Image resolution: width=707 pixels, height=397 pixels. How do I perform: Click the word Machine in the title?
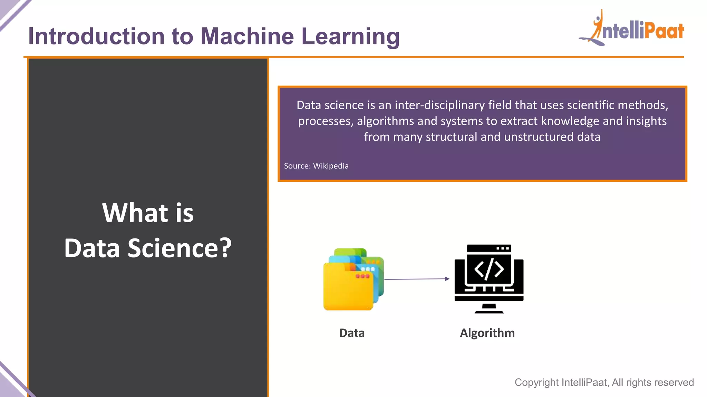coord(247,37)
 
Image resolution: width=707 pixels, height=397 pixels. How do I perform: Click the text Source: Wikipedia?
coord(316,166)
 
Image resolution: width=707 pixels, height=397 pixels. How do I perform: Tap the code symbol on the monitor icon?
coord(489,268)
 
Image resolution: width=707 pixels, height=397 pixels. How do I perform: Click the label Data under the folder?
coord(352,333)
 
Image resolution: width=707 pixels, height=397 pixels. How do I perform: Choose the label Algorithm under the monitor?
coord(487,333)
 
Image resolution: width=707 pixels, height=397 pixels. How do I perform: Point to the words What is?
coord(148,213)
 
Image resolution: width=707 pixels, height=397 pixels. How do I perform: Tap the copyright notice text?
coord(604,383)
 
